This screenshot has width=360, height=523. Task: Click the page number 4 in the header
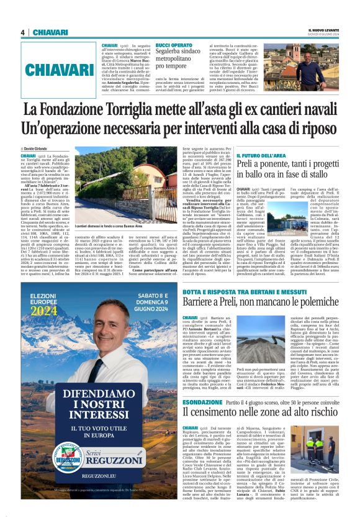point(22,32)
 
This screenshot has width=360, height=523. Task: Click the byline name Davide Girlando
point(40,148)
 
